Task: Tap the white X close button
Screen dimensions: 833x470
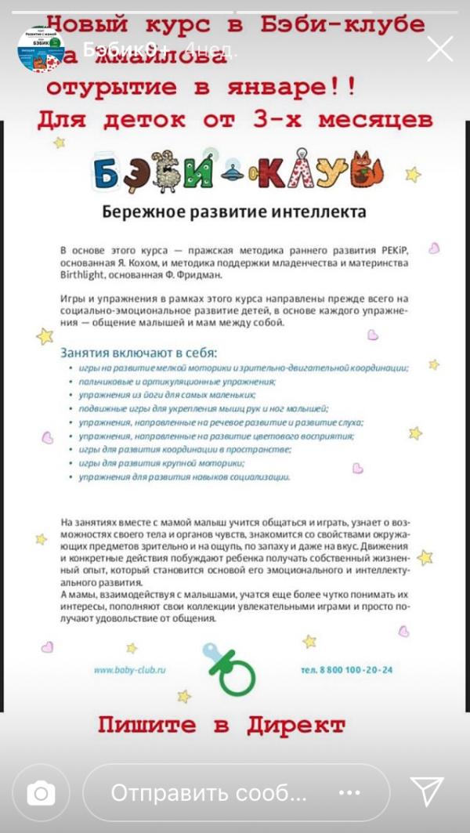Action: pyautogui.click(x=439, y=49)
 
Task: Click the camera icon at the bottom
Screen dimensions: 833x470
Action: pyautogui.click(x=41, y=794)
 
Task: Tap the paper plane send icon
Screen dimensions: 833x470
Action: pyautogui.click(x=428, y=792)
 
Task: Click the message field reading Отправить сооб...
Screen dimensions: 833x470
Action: pyautogui.click(x=235, y=793)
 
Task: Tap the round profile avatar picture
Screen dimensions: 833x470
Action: pyautogui.click(x=41, y=50)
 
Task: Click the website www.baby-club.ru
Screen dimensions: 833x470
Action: pyautogui.click(x=130, y=670)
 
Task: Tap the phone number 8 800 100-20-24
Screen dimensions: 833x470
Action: pyautogui.click(x=347, y=670)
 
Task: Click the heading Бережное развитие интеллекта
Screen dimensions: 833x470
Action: pyautogui.click(x=235, y=212)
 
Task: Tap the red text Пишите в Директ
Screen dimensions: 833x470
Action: pyautogui.click(x=222, y=725)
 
